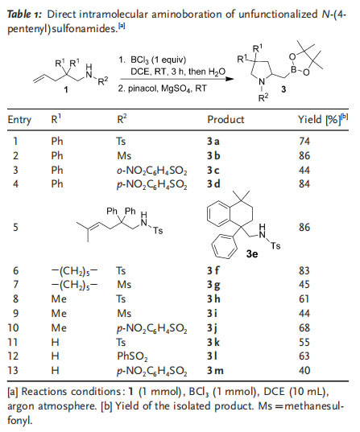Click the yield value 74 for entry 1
pos(304,142)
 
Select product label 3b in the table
pos(213,155)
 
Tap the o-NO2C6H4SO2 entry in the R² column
pos(151,171)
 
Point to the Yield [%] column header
pos(323,119)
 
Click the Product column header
pos(226,120)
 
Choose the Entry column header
pos(19,120)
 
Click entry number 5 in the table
pos(16,228)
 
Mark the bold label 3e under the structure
pos(252,253)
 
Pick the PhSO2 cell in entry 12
pos(132,356)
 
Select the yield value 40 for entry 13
pos(304,371)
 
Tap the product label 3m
pos(215,371)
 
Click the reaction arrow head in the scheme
pos(230,79)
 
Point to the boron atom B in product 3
pos(294,69)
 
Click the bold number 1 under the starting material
pos(66,89)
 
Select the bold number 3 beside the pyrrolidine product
pos(283,89)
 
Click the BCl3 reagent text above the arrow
pos(139,60)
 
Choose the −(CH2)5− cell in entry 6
pos(74,271)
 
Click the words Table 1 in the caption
pos(24,14)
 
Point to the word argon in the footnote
pos(21,406)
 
